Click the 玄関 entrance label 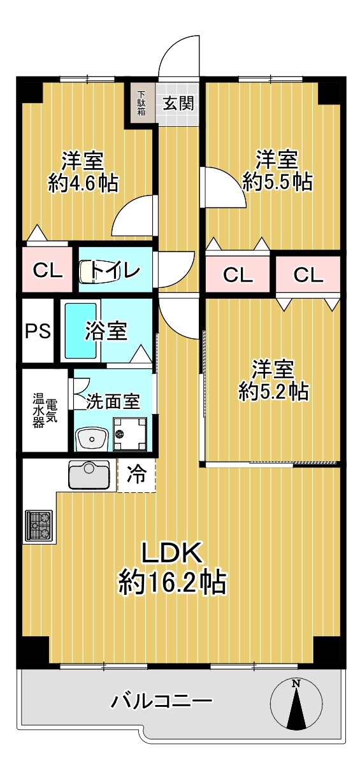[178, 103]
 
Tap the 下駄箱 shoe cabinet [141, 103]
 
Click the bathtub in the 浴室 [81, 331]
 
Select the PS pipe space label [38, 331]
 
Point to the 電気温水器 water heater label [45, 410]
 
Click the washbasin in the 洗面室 [92, 439]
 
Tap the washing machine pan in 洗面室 [130, 434]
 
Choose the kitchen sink [89, 474]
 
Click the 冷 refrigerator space [136, 475]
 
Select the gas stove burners [39, 525]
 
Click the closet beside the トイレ [48, 269]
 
